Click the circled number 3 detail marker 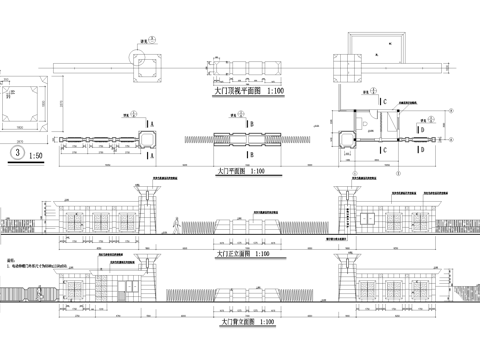click(15, 155)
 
